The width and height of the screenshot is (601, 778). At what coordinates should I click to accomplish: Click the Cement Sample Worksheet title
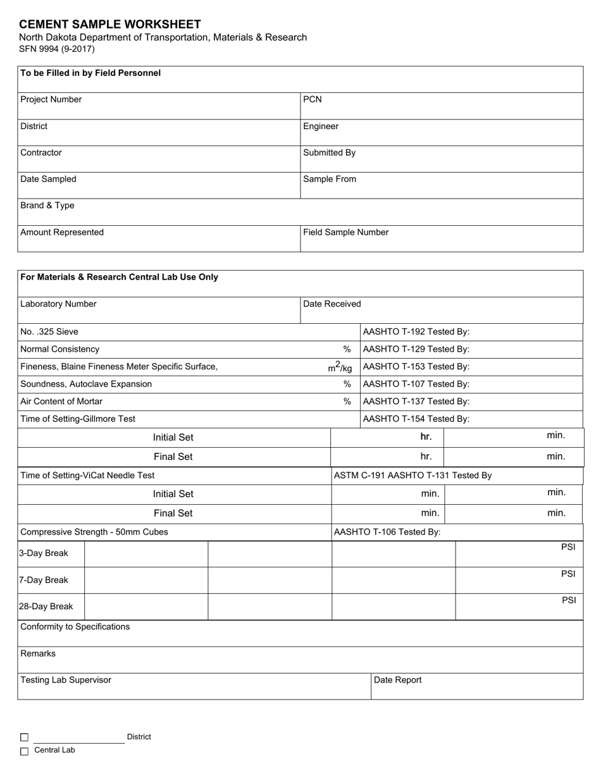[109, 24]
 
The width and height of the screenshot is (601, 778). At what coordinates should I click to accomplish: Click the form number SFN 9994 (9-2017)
[57, 49]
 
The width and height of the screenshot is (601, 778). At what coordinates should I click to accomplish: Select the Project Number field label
[51, 99]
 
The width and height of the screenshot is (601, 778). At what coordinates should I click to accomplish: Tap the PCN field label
[313, 99]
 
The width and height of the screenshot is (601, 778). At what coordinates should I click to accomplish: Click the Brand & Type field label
[47, 206]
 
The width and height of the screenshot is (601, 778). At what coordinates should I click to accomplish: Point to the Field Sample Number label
[345, 232]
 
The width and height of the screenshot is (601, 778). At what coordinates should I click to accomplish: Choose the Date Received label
[332, 304]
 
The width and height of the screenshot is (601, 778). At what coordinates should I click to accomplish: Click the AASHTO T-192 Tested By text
[416, 331]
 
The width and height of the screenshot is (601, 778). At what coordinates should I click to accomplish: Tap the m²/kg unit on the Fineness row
[340, 367]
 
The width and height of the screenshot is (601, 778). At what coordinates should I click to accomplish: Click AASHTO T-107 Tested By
[416, 384]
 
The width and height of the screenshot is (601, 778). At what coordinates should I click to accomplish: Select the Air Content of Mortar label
[61, 401]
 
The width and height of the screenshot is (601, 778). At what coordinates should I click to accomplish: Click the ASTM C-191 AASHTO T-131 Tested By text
[412, 475]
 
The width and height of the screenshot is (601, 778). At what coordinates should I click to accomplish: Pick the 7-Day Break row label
[43, 580]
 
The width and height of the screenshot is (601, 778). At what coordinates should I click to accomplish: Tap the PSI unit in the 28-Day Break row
[569, 600]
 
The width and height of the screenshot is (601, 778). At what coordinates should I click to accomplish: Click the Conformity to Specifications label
[75, 627]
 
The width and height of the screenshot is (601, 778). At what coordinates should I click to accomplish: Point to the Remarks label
[38, 653]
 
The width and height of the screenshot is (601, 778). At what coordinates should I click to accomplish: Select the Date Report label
[398, 680]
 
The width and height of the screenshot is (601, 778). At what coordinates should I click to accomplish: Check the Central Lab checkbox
[25, 751]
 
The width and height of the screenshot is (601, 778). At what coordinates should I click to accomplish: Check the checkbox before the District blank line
[25, 737]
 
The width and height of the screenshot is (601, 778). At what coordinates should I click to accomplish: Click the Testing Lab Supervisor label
[66, 680]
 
